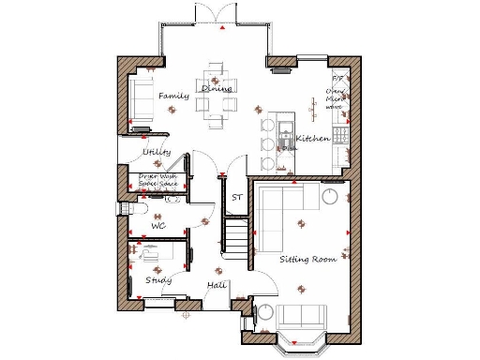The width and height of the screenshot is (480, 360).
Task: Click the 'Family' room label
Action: click(x=173, y=96)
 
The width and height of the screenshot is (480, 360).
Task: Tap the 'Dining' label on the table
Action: click(x=217, y=88)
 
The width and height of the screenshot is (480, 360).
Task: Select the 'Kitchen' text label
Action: click(x=312, y=139)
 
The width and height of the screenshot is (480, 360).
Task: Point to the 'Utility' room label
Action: click(x=157, y=152)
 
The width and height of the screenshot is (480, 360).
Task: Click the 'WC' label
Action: click(x=158, y=226)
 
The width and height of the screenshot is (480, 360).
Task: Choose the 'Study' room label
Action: click(x=157, y=279)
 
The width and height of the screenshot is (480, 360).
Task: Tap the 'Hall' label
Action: click(x=217, y=285)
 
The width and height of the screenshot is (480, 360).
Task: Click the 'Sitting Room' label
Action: click(x=307, y=258)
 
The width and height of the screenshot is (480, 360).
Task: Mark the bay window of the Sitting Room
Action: click(x=301, y=345)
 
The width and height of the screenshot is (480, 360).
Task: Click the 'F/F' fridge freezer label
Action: click(x=337, y=81)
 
